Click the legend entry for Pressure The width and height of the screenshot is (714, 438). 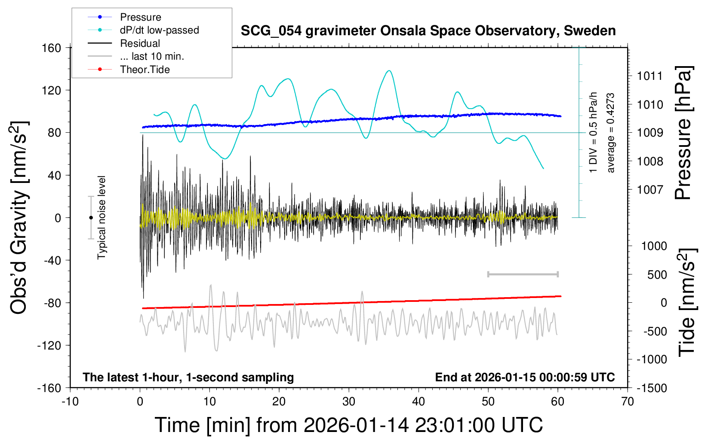tap(140, 17)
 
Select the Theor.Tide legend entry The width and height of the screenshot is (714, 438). tap(145, 70)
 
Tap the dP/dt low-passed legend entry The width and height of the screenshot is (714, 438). tap(159, 30)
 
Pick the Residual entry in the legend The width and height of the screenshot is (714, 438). tap(140, 43)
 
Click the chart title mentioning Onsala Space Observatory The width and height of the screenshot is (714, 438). tap(428, 31)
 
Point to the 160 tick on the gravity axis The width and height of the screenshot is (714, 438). tap(52, 48)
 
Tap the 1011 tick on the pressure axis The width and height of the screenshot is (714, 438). tap(650, 76)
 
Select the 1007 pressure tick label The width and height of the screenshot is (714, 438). tap(650, 189)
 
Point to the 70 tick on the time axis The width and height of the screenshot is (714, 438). tap(628, 402)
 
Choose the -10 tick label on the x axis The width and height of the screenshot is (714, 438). tap(70, 402)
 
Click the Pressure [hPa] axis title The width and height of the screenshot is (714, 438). tap(683, 133)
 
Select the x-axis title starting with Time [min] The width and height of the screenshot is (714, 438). tap(348, 425)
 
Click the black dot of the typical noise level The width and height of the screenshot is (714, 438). tap(91, 218)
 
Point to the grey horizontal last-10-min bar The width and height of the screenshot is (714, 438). tap(523, 274)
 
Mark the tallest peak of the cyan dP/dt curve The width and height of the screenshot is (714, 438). tap(389, 71)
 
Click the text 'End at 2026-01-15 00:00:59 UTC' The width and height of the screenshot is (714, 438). tap(525, 377)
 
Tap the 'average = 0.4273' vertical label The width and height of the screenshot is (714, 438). tap(611, 133)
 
